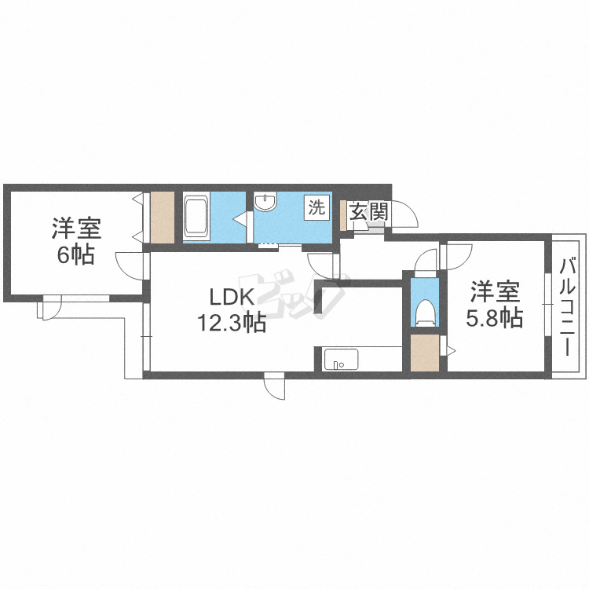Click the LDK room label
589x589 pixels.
(230, 297)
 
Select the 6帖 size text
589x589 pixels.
(75, 255)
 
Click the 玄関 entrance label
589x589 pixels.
(368, 211)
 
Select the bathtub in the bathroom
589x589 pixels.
(196, 217)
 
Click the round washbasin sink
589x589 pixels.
(266, 203)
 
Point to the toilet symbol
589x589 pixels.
(426, 312)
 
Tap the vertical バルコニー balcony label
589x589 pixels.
(567, 308)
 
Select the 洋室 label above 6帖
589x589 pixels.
(76, 230)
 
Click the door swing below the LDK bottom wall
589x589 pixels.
(276, 387)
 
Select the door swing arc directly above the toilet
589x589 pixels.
(425, 258)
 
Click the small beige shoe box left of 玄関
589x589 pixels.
(344, 213)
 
